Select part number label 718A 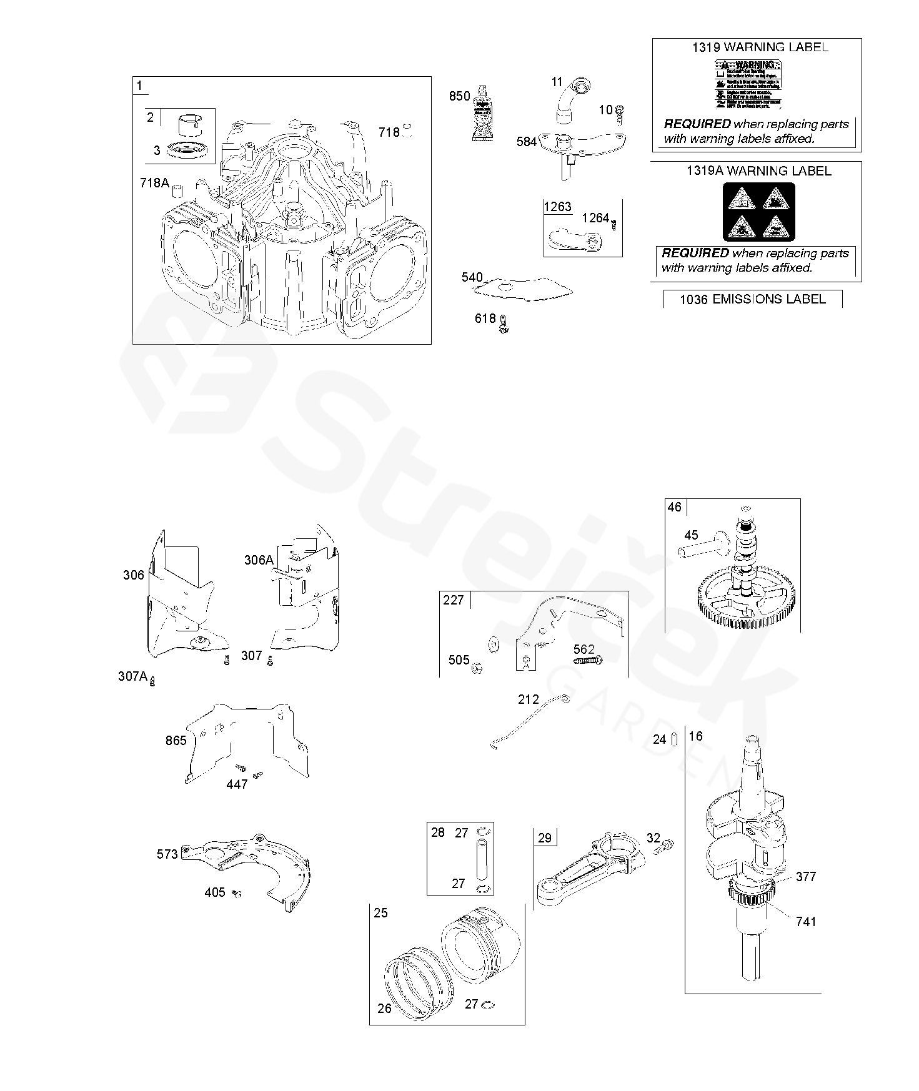pyautogui.click(x=154, y=183)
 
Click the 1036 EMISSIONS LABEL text pyautogui.click(x=753, y=299)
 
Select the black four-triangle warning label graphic pyautogui.click(x=759, y=212)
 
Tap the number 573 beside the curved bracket pyautogui.click(x=167, y=854)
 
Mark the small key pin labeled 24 pyautogui.click(x=675, y=739)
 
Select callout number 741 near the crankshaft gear pyautogui.click(x=806, y=921)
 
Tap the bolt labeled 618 pyautogui.click(x=504, y=322)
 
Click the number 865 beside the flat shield pyautogui.click(x=176, y=740)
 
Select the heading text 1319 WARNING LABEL pyautogui.click(x=760, y=47)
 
